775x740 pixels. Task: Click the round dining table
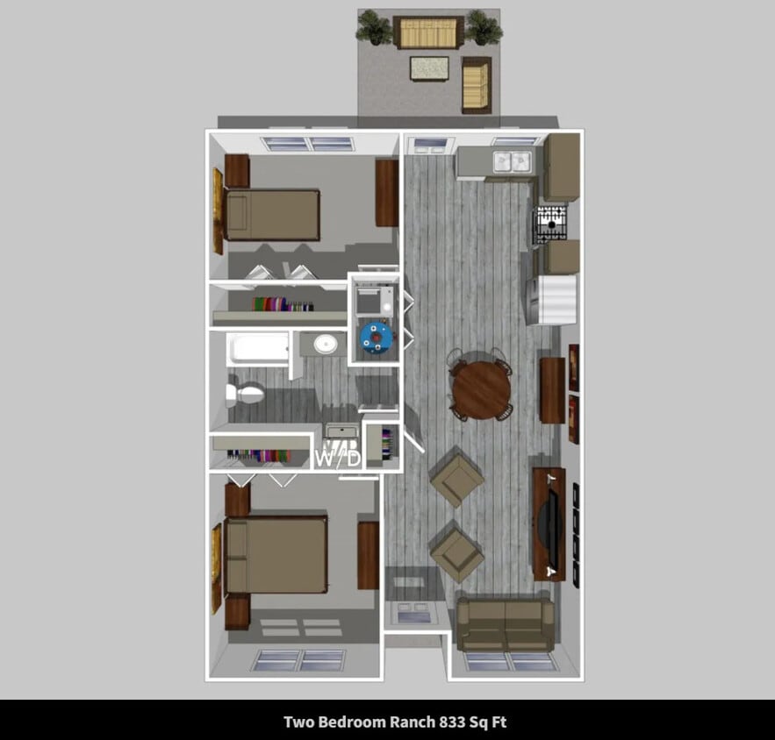coord(480,388)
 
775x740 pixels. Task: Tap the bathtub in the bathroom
coord(258,349)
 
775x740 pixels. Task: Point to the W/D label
coord(338,457)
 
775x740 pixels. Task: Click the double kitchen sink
coord(512,161)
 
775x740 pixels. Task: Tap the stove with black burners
coord(552,223)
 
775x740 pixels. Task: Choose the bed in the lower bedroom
coord(276,555)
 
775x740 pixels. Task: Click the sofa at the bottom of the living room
coord(506,624)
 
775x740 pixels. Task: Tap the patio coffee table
coord(429,68)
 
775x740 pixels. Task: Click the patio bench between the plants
coord(428,32)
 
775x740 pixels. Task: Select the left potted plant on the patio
coord(375,27)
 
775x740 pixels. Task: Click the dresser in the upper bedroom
coord(386,192)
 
